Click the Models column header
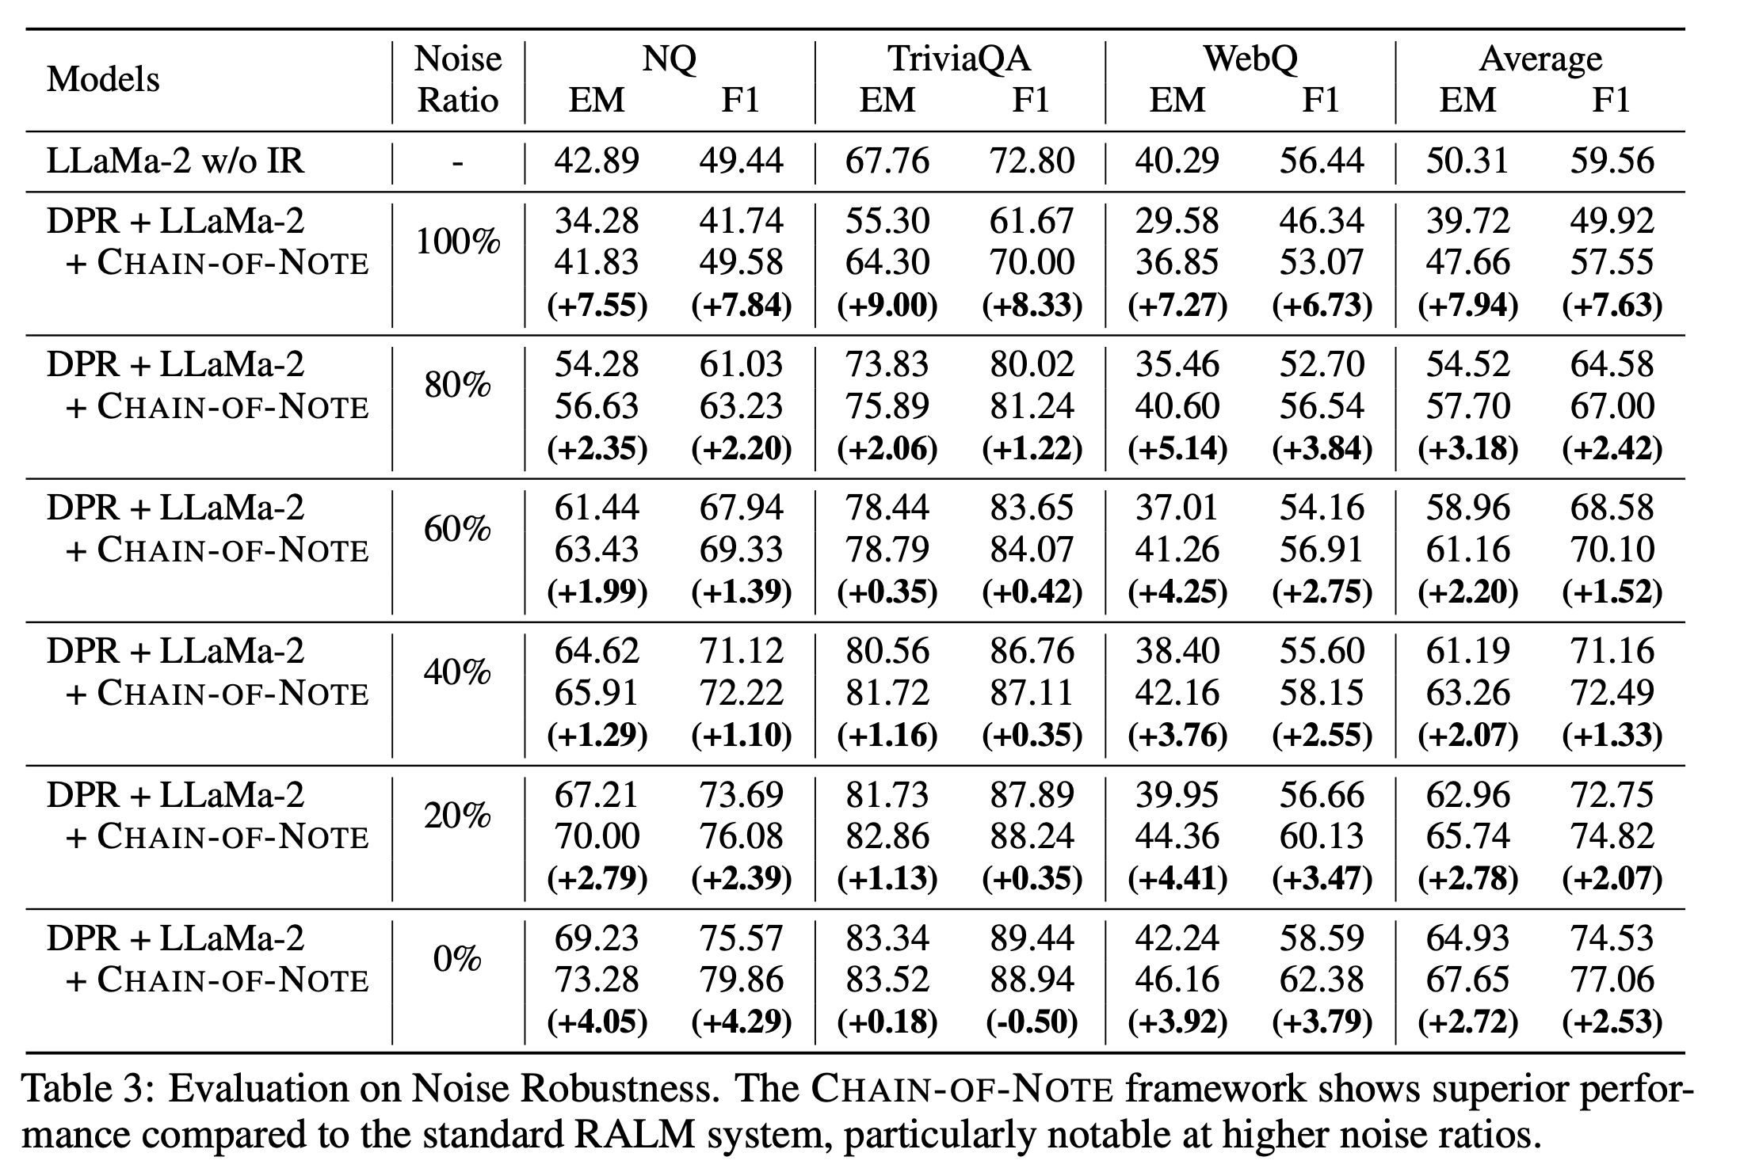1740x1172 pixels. pyautogui.click(x=103, y=79)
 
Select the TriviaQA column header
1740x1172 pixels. pyautogui.click(x=959, y=59)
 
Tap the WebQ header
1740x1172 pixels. pyautogui.click(x=1250, y=59)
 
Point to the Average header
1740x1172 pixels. pyautogui.click(x=1540, y=59)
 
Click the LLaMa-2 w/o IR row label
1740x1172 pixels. pyautogui.click(x=175, y=161)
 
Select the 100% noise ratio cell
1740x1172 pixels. pyautogui.click(x=458, y=241)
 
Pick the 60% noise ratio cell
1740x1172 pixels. pyautogui.click(x=458, y=528)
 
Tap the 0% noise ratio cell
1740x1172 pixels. pyautogui.click(x=458, y=959)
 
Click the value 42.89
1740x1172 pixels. pyautogui.click(x=597, y=161)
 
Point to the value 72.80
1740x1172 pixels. pyautogui.click(x=1032, y=161)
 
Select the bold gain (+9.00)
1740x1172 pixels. pyautogui.click(x=887, y=305)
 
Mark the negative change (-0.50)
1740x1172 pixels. pyautogui.click(x=1032, y=1022)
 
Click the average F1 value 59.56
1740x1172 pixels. pyautogui.click(x=1612, y=161)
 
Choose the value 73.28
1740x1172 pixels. pyautogui.click(x=597, y=980)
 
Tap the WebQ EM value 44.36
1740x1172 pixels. pyautogui.click(x=1177, y=836)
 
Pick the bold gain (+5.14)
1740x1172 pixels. pyautogui.click(x=1177, y=449)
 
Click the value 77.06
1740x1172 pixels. pyautogui.click(x=1612, y=980)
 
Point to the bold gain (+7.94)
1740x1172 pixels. pyautogui.click(x=1467, y=305)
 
